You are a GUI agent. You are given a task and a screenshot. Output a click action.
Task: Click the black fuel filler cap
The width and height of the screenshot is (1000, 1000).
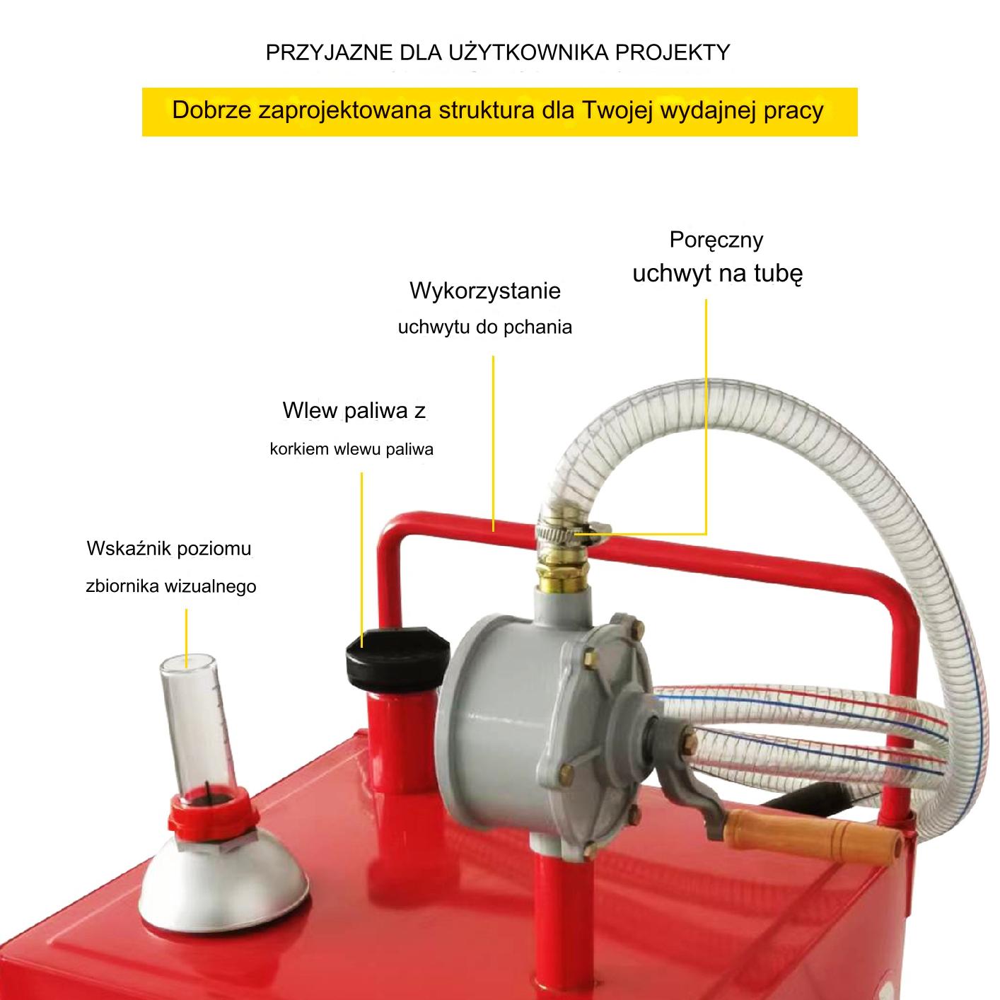click(397, 658)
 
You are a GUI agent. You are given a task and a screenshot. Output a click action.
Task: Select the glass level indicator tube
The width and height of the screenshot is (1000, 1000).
click(198, 724)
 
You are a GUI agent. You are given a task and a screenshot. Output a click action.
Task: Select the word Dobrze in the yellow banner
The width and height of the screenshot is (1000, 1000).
click(211, 110)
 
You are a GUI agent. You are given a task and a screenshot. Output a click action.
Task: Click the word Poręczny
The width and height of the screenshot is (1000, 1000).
click(716, 240)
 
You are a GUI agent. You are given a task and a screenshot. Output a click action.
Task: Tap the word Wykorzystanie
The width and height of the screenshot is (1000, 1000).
click(484, 290)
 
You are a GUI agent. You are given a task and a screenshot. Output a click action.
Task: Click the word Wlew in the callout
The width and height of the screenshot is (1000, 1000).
click(309, 410)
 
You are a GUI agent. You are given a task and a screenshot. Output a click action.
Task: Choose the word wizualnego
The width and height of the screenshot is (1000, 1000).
click(210, 586)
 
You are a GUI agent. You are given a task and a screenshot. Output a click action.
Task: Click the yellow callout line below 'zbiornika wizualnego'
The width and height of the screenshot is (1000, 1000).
click(186, 639)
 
